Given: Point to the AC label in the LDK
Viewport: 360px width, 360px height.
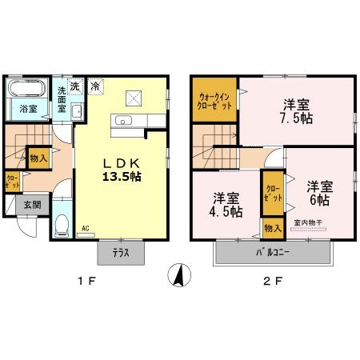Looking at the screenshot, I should tap(85, 229).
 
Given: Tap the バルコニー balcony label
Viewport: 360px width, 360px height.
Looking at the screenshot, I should tap(273, 252).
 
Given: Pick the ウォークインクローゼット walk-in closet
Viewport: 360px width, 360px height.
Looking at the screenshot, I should tap(215, 102).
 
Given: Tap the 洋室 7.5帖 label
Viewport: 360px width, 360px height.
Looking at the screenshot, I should tap(295, 113).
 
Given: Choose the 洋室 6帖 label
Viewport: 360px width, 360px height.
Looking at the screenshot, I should tap(319, 192).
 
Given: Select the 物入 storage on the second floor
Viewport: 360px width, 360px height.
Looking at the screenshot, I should tap(273, 228).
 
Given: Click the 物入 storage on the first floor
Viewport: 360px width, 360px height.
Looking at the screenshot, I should tap(38, 158).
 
